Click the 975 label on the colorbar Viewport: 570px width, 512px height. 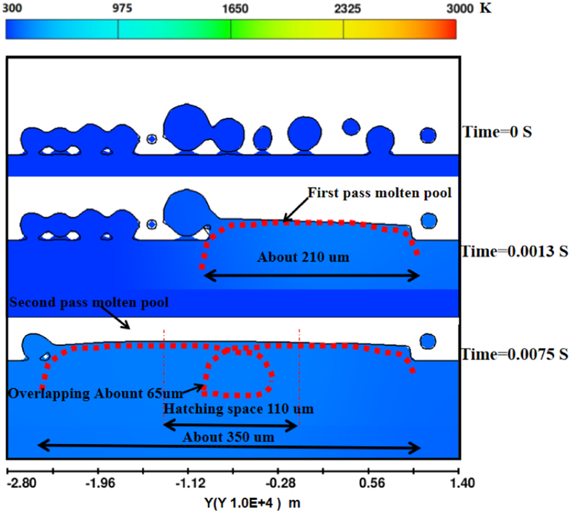122,9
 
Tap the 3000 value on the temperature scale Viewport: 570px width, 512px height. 460,9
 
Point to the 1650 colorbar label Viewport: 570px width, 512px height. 235,9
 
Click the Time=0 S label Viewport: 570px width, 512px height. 497,132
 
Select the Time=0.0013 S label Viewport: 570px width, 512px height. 515,251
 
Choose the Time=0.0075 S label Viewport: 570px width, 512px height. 515,354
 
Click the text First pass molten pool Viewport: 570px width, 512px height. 379,193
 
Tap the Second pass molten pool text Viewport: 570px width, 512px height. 89,302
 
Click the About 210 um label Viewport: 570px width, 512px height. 303,257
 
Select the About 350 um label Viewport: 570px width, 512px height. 228,437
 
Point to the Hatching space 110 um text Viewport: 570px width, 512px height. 238,409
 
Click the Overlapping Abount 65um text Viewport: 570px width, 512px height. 96,393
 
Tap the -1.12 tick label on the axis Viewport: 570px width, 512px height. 190,483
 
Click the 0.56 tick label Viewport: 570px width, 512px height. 372,483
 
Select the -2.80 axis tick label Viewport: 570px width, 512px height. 22,483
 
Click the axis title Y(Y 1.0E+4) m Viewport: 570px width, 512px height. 252,503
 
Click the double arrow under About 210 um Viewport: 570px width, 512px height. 311,276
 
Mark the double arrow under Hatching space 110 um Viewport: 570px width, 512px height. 231,424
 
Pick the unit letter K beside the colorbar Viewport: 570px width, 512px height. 485,8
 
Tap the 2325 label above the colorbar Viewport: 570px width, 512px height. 347,9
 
